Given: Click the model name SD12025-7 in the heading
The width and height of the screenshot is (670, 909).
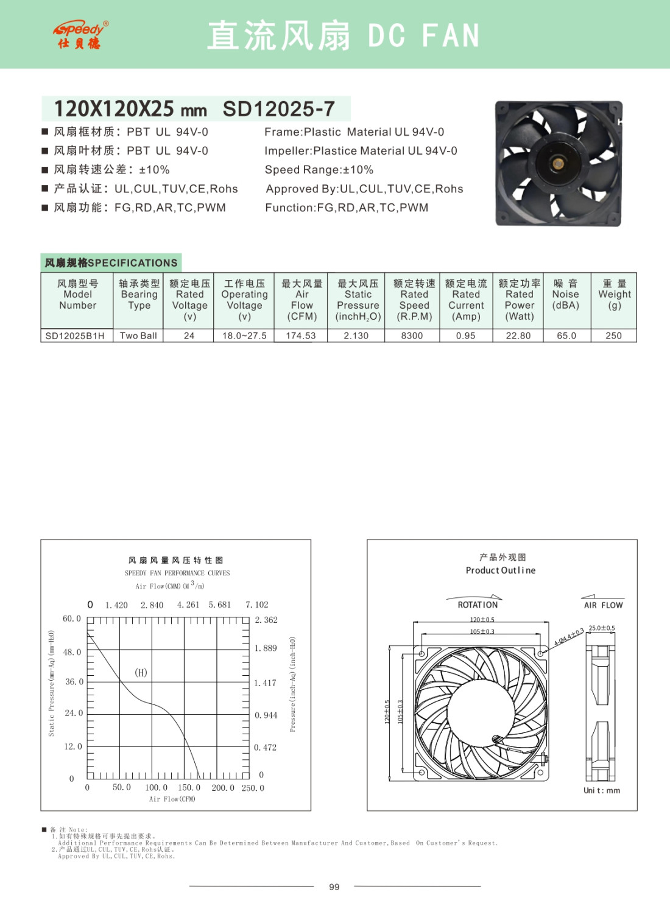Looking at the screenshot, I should pos(278,109).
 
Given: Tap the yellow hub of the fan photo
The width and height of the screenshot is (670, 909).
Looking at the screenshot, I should pos(557,163).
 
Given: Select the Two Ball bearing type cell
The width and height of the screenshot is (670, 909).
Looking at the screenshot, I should pos(138,335).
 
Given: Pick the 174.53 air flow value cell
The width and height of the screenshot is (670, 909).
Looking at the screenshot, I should pos(301,335).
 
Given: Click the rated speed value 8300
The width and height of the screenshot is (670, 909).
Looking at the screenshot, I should pos(412,335).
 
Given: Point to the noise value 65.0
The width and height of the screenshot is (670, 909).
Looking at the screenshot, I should pos(566,335).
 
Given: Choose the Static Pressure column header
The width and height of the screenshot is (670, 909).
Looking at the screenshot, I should pos(358,300).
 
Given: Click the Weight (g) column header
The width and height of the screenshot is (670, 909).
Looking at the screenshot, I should pos(614,294).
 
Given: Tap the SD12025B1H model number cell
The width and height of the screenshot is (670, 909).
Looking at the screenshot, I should pos(75,335).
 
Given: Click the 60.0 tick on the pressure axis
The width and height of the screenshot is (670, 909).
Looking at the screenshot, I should pos(72,619).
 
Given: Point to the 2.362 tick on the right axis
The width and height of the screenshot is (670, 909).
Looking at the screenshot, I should pos(266,620).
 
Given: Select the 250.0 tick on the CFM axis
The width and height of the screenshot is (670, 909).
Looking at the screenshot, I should pos(253,788).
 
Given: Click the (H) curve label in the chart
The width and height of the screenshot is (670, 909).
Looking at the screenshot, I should pos(141,672).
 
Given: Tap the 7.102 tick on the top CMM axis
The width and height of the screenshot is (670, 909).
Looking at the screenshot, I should pos(256,605).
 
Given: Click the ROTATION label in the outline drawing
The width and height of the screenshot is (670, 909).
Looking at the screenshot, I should pos(478,605).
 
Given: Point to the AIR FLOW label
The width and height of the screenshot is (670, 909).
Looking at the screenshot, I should pos(603,605).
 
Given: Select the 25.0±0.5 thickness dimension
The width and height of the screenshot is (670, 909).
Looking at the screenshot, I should pos(601,628).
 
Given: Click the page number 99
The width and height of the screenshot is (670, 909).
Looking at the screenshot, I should pos(334,887).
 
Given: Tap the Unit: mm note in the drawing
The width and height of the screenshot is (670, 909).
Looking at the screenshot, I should pos(601,790).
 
